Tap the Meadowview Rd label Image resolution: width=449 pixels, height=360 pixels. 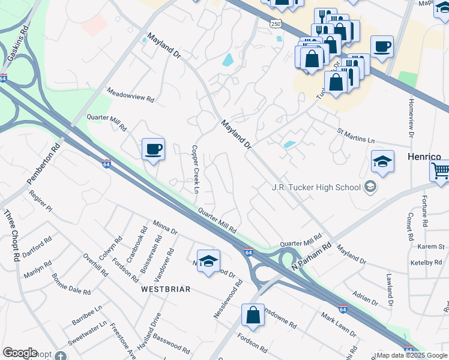point(130,95)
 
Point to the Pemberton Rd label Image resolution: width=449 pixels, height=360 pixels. point(44,163)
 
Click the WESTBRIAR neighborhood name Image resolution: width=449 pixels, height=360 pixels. point(166,289)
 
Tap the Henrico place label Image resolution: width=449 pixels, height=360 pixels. point(424,156)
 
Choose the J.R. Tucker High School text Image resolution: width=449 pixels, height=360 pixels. point(316,187)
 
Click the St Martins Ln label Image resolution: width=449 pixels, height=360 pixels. point(355,135)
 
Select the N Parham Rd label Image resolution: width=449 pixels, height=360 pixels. point(312,256)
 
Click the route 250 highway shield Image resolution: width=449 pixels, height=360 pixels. point(274,23)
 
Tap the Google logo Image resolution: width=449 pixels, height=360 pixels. point(20,353)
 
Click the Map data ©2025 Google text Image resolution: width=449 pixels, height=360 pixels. point(411,355)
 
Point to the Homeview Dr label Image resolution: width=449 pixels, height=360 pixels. point(411,118)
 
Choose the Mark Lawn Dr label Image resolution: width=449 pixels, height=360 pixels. point(339,325)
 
